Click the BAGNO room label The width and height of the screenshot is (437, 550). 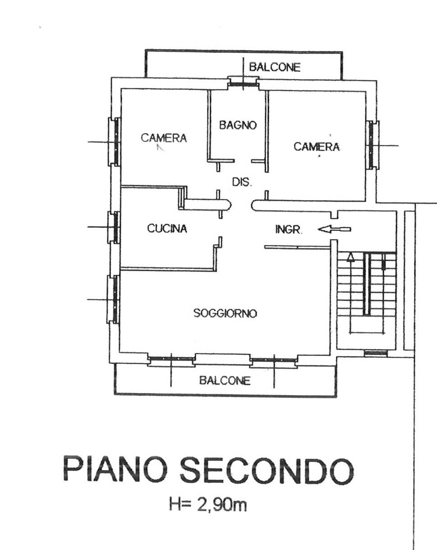238,125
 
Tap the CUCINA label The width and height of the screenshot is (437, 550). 167,228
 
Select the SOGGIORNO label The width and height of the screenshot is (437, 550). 225,313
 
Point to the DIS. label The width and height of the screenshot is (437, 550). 242,182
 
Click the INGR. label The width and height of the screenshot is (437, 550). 289,230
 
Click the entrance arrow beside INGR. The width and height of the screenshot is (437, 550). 334,229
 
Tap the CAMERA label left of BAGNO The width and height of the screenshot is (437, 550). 164,138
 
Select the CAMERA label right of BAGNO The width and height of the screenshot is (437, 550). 317,147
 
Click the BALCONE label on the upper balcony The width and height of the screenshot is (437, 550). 275,67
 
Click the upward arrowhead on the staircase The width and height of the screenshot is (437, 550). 351,257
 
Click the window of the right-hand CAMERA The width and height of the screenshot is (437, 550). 373,145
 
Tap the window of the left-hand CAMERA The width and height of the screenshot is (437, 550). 114,142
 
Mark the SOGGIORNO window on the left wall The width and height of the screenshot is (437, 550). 114,299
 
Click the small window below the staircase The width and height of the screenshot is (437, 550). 376,353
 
